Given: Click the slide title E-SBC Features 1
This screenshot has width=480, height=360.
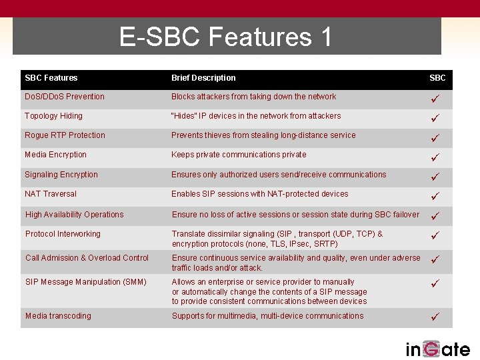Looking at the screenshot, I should pos(225,37).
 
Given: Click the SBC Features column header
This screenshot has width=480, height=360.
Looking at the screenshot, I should pos(51,78).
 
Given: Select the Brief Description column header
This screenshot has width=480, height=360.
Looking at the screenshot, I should pos(203,78).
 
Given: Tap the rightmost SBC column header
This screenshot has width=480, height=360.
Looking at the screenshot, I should pos(437,78).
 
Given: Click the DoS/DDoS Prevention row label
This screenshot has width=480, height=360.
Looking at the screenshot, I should pos(65,97).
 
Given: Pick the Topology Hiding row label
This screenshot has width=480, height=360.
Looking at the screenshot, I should pos(54,116).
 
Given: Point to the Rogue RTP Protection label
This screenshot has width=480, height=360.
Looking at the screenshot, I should pos(65,135).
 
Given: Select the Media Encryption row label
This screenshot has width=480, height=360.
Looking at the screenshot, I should pos(55,155).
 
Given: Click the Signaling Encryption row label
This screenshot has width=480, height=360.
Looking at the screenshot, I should pos(61,175).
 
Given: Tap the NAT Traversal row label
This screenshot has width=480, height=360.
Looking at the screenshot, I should pos(51,194).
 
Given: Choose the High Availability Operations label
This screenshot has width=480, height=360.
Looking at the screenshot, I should pos(74,215).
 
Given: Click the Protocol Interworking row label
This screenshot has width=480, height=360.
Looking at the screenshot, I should pos(63,234).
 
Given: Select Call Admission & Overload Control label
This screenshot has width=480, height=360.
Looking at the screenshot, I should pos(87,258).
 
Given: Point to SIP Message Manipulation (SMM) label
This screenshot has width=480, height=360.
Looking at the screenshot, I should pos(85,282).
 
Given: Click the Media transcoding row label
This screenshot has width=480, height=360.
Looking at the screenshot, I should pos(58,316).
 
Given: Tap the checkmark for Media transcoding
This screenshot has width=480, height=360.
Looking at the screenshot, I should pos(435,317).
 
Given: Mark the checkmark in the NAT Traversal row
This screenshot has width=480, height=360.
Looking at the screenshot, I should pos(435,197).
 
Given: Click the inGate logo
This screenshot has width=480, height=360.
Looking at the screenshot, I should pos(437,349).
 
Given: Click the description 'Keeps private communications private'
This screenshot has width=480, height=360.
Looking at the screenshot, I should pos(239,155).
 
